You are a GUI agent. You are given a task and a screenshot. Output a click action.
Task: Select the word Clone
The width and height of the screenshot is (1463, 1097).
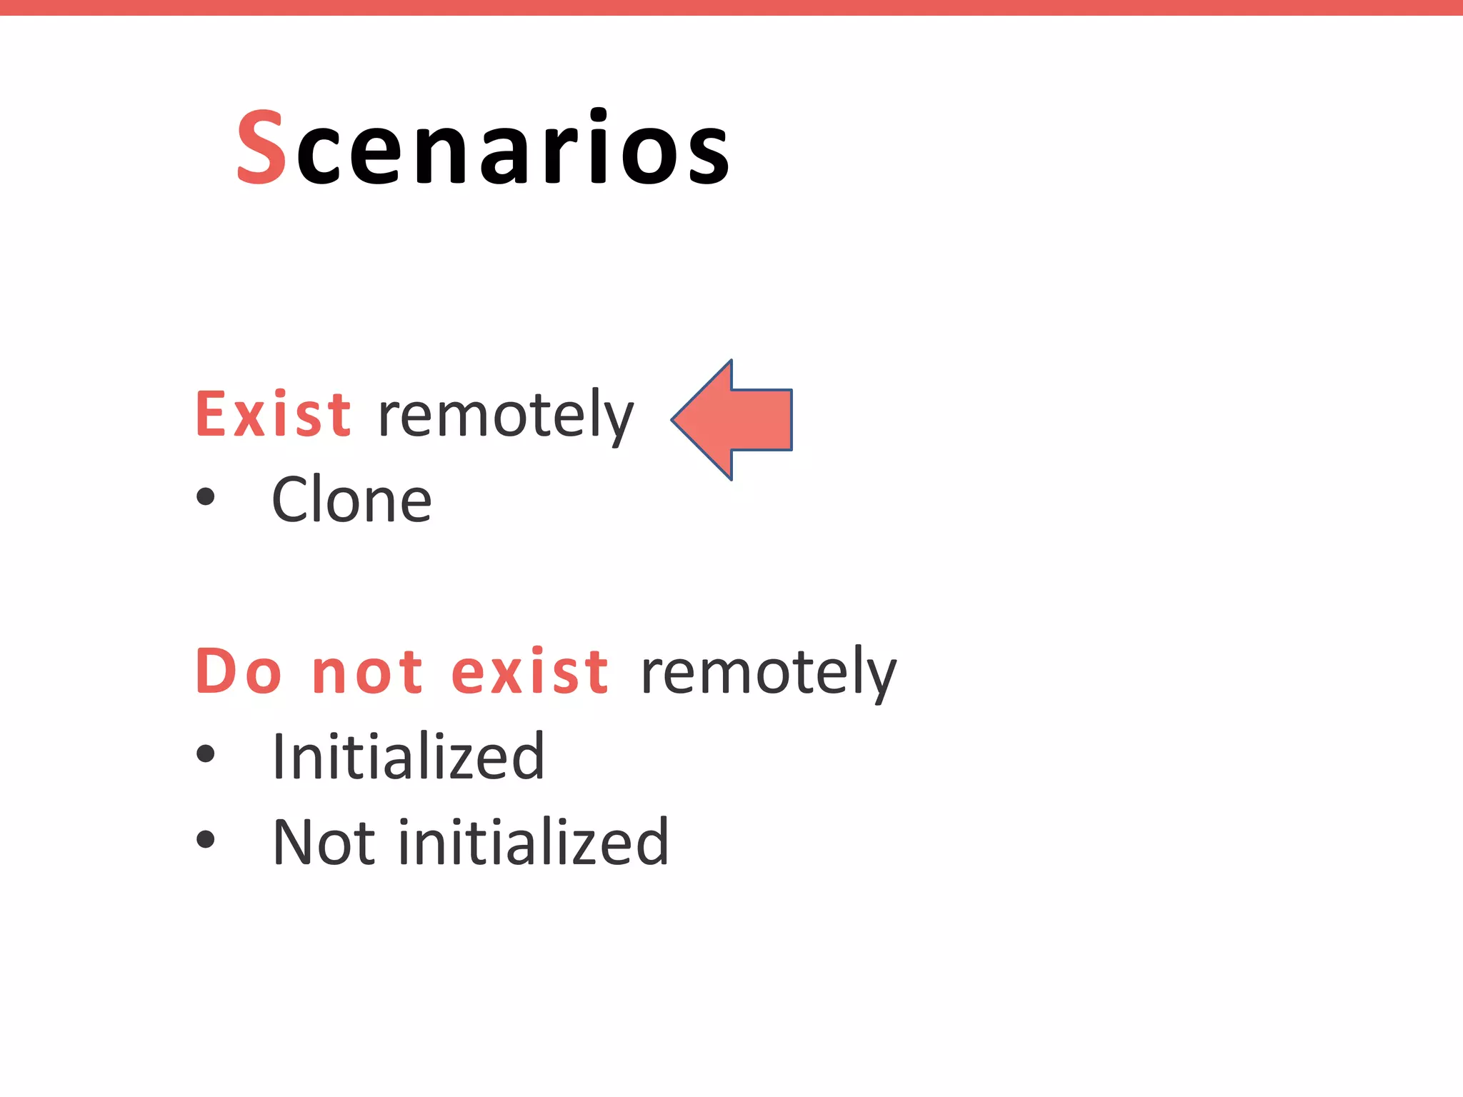(x=351, y=500)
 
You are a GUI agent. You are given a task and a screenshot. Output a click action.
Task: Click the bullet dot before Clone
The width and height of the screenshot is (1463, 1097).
(x=205, y=496)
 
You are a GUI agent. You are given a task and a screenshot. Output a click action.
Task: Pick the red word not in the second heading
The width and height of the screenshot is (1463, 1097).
(x=368, y=673)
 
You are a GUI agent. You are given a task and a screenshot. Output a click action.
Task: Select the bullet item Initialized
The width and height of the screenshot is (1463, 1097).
(x=408, y=757)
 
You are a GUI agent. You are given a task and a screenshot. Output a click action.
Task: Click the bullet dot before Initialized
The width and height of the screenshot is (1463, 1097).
(x=205, y=753)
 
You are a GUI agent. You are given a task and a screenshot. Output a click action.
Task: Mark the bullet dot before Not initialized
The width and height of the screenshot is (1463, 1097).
(x=205, y=838)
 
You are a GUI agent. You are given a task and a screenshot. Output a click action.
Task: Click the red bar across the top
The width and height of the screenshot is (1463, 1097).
(x=731, y=7)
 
